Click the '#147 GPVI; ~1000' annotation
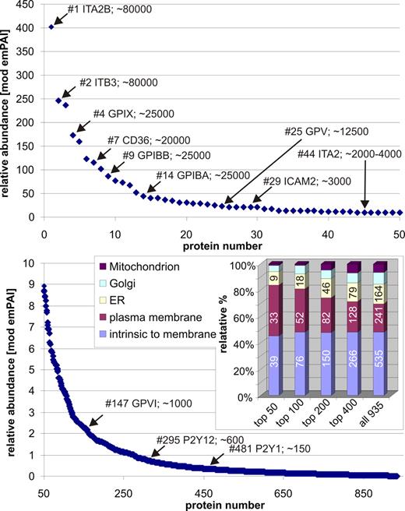tap(150, 404)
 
